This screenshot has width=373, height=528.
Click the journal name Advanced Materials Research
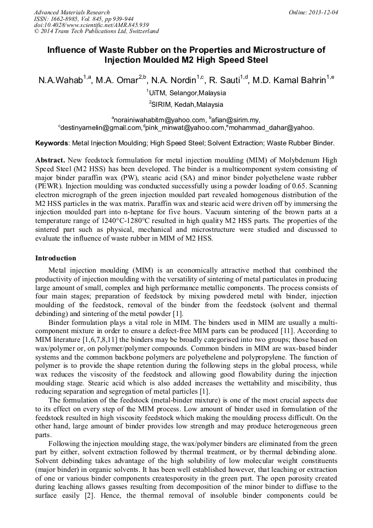(x=72, y=12)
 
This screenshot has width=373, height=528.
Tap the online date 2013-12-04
(x=323, y=12)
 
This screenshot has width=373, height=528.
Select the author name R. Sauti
(x=225, y=81)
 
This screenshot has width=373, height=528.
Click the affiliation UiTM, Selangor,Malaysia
(x=187, y=93)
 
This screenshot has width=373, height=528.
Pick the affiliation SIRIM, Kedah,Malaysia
(x=187, y=104)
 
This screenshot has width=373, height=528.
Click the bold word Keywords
(x=51, y=143)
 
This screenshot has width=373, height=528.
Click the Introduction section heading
(x=56, y=258)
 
